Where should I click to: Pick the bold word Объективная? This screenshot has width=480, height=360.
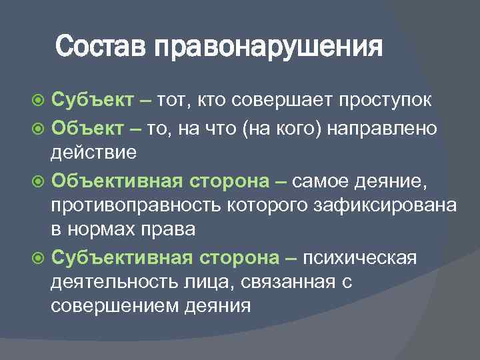[118, 181]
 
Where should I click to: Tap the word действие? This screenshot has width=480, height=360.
[93, 152]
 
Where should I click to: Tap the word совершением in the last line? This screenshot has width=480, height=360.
[107, 307]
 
